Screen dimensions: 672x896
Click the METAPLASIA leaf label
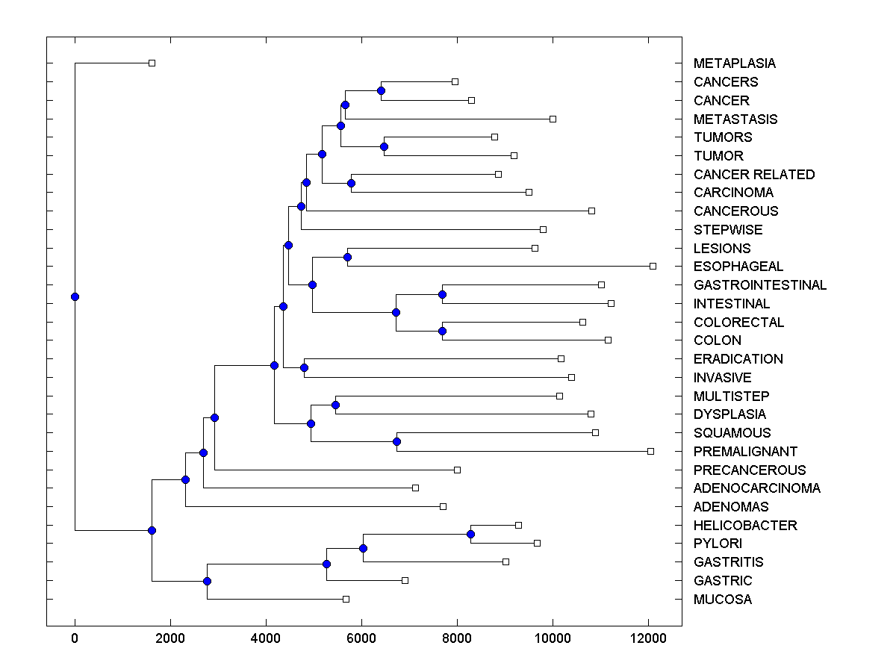click(x=734, y=63)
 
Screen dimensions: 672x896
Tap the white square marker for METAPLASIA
click(x=152, y=63)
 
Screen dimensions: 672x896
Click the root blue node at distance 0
click(x=75, y=296)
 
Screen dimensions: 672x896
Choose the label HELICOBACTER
click(x=745, y=526)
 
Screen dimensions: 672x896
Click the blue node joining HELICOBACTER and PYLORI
click(x=470, y=534)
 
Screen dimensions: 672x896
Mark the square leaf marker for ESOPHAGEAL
click(x=653, y=266)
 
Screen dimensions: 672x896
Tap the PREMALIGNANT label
click(x=745, y=452)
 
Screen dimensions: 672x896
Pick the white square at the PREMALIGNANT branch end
click(x=650, y=451)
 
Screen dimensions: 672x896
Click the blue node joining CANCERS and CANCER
click(x=381, y=90)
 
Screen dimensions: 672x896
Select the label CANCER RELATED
click(x=754, y=175)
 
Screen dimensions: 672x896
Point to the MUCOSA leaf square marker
click(x=346, y=599)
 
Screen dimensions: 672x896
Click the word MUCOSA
click(x=722, y=600)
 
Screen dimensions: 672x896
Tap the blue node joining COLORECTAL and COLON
click(x=442, y=331)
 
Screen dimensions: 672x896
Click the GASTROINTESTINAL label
click(x=759, y=285)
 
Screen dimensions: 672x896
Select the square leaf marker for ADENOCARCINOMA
click(x=415, y=488)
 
